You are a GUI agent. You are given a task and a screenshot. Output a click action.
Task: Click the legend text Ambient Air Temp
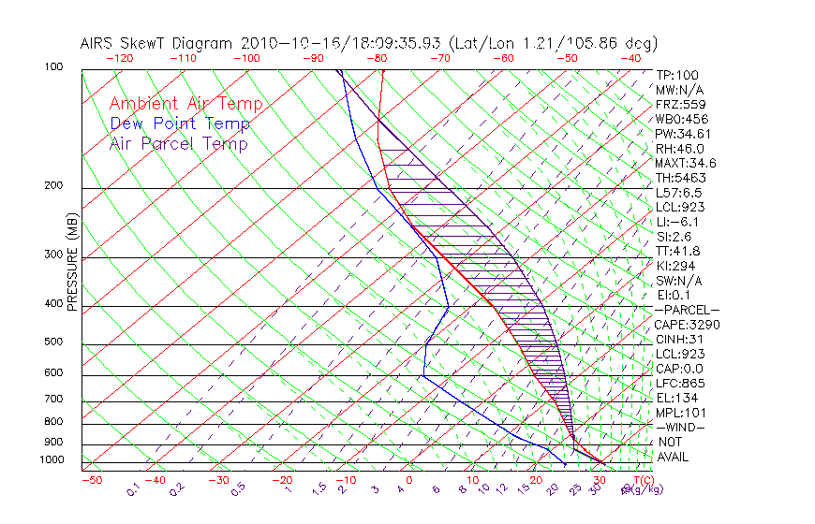pyautogui.click(x=185, y=104)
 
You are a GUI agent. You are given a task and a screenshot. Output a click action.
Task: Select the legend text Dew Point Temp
pyautogui.click(x=180, y=124)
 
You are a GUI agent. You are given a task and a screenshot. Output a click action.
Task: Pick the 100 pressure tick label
pyautogui.click(x=53, y=67)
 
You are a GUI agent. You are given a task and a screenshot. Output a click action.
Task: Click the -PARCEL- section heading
pyautogui.click(x=688, y=310)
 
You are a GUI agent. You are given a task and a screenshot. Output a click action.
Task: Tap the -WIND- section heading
pyautogui.click(x=680, y=427)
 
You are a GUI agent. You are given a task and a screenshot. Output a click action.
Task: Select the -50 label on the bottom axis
pyautogui.click(x=91, y=481)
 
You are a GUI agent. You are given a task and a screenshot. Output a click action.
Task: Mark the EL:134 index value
pyautogui.click(x=676, y=397)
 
